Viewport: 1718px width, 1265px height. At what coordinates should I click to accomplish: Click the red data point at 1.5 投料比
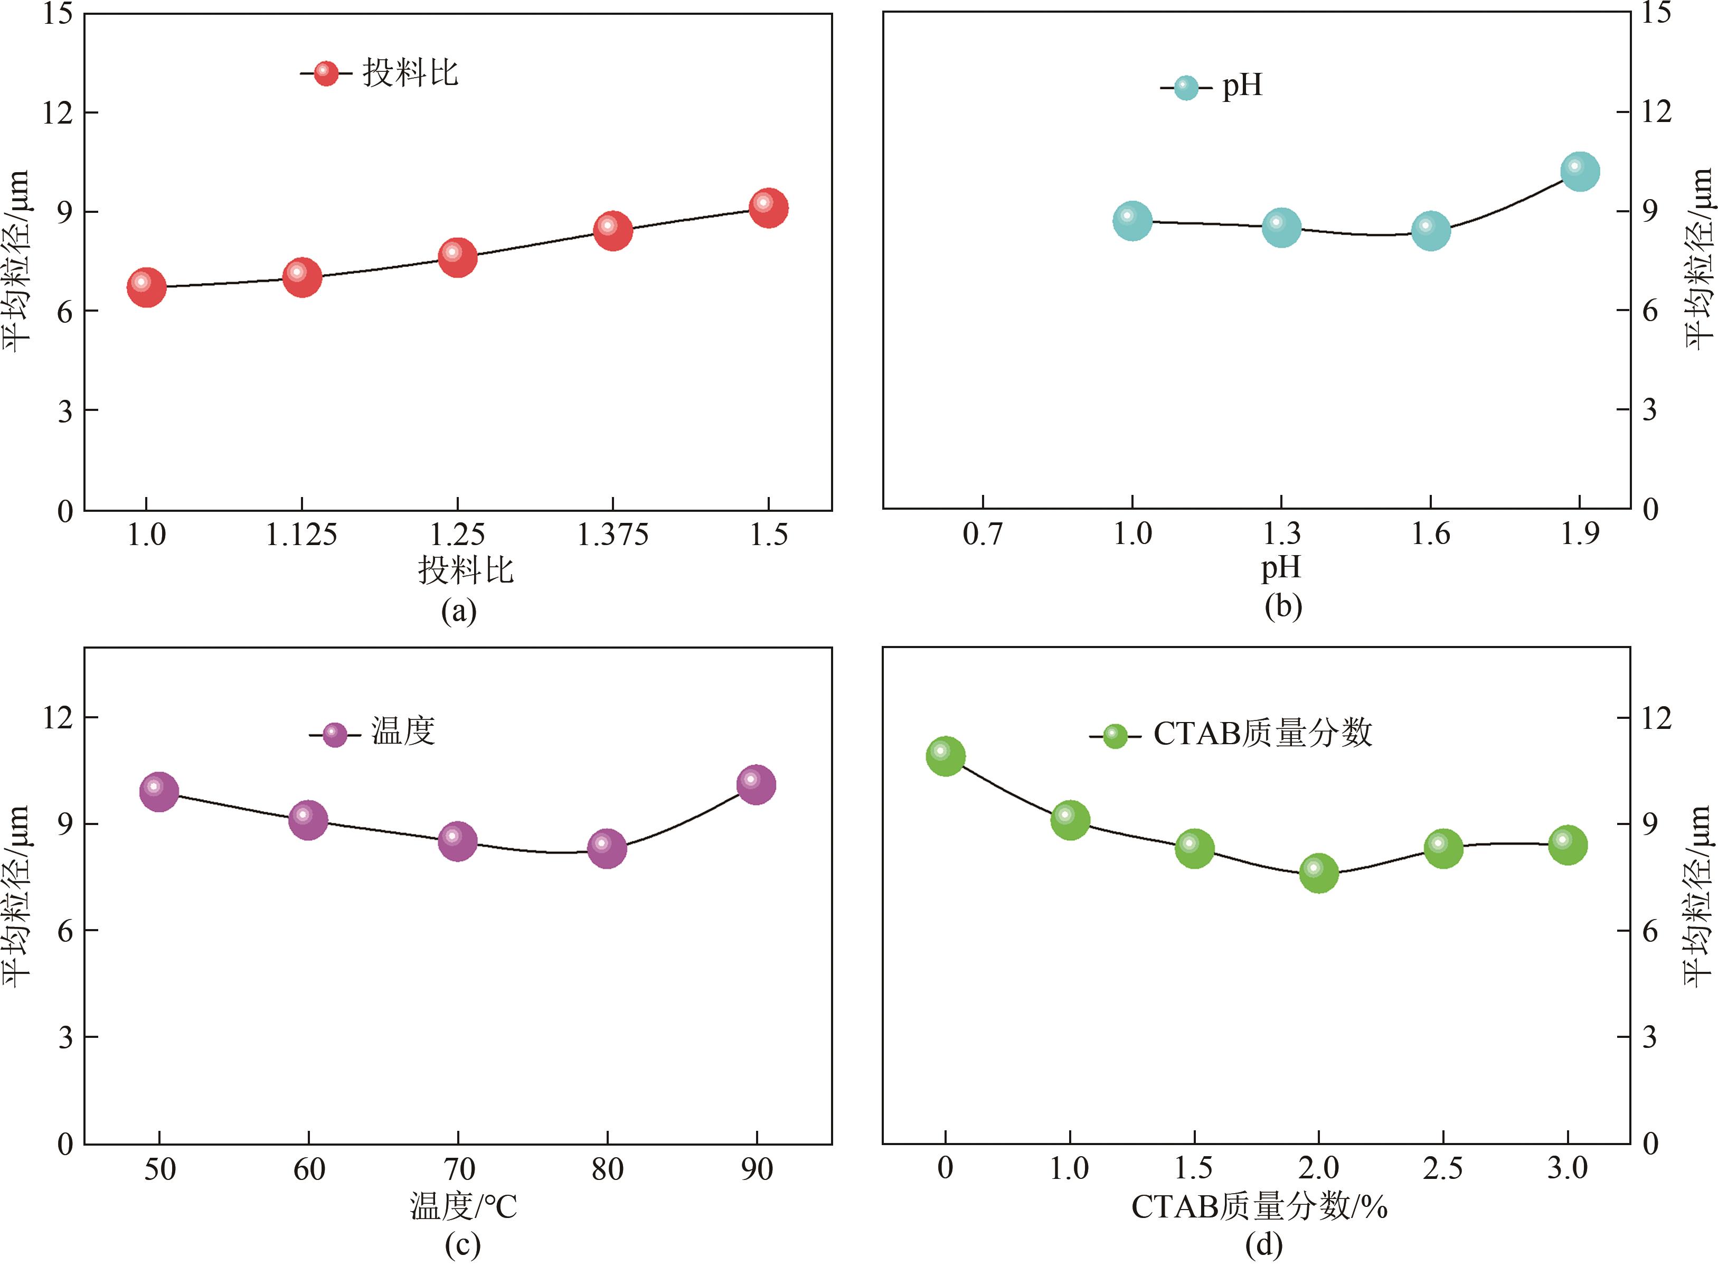768,208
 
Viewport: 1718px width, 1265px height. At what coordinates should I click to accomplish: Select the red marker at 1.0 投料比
147,287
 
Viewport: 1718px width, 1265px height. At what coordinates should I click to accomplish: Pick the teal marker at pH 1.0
1132,221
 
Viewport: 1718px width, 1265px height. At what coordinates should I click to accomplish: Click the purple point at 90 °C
756,784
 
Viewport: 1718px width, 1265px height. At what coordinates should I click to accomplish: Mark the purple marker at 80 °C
607,848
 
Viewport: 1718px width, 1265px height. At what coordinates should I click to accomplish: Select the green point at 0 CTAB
945,756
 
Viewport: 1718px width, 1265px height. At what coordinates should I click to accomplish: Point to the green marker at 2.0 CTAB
1318,873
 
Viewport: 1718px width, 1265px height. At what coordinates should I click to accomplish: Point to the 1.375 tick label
612,535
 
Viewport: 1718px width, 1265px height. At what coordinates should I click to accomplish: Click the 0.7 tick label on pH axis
983,533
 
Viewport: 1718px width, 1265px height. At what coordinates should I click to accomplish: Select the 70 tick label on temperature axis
458,1168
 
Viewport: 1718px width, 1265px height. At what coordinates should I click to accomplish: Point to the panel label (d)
1263,1244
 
